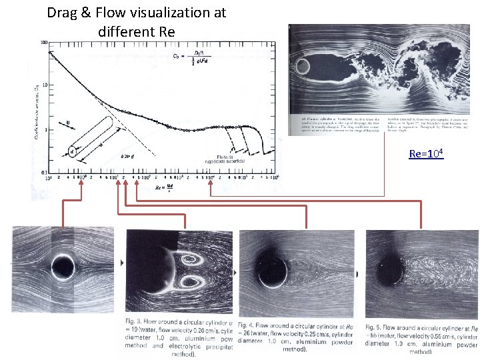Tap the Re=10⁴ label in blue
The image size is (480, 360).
point(426,155)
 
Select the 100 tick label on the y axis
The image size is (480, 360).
point(43,42)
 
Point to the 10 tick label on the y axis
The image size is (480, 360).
point(45,85)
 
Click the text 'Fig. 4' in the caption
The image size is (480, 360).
point(247,325)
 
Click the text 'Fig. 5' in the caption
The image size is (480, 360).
point(375,327)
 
